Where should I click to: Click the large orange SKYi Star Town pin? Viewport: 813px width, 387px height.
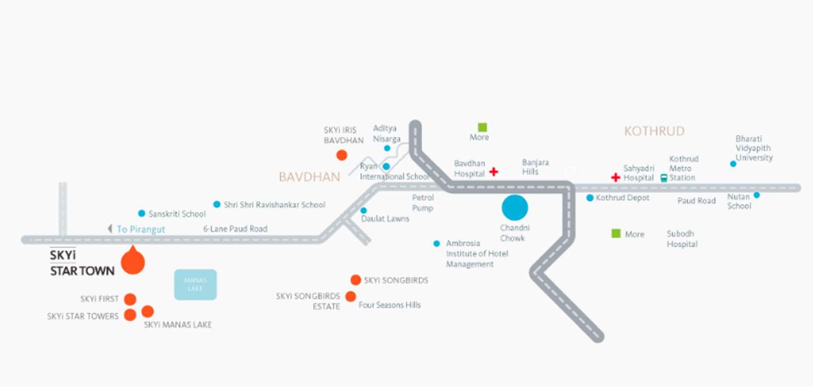click(133, 262)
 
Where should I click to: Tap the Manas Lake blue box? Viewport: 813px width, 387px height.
click(195, 285)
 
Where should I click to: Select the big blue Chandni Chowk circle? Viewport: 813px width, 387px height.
click(515, 208)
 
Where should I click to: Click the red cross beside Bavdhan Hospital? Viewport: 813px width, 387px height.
click(494, 172)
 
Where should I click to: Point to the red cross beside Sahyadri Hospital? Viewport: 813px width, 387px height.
click(615, 177)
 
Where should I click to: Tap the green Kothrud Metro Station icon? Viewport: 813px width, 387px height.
click(663, 178)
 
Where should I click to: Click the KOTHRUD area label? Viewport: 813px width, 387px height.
click(654, 131)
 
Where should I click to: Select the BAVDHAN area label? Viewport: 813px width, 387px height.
click(309, 177)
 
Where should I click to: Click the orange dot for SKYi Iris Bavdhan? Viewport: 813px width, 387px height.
click(342, 155)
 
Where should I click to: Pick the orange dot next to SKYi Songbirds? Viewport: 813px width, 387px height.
click(355, 280)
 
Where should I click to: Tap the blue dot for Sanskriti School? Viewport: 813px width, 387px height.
click(142, 213)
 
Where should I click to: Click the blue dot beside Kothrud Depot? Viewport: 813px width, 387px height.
click(590, 198)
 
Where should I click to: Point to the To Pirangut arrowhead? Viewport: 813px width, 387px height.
click(110, 229)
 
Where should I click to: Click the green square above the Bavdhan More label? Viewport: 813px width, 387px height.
click(483, 127)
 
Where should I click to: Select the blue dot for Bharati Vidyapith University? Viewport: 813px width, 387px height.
click(733, 163)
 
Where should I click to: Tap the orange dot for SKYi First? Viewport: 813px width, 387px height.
click(130, 299)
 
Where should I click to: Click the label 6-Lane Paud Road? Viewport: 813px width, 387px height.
click(235, 229)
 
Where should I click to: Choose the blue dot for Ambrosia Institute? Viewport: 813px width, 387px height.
click(436, 244)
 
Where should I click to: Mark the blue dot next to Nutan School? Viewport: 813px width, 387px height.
click(756, 195)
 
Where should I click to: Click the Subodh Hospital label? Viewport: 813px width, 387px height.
click(682, 239)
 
